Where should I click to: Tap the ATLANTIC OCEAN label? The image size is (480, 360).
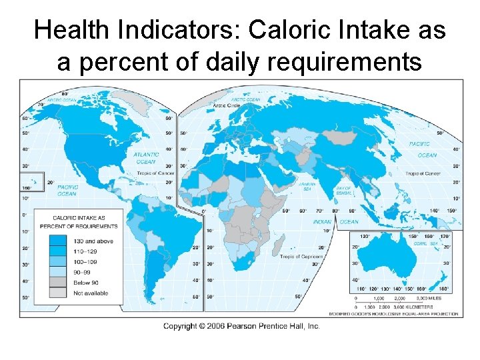click(146, 157)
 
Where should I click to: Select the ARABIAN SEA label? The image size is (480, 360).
click(307, 186)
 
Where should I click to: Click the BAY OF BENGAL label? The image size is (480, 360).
click(343, 191)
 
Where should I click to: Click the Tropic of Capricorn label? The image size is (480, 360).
click(301, 257)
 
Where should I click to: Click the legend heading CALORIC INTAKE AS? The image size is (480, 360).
click(79, 217)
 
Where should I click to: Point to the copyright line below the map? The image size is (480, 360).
click(241, 326)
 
